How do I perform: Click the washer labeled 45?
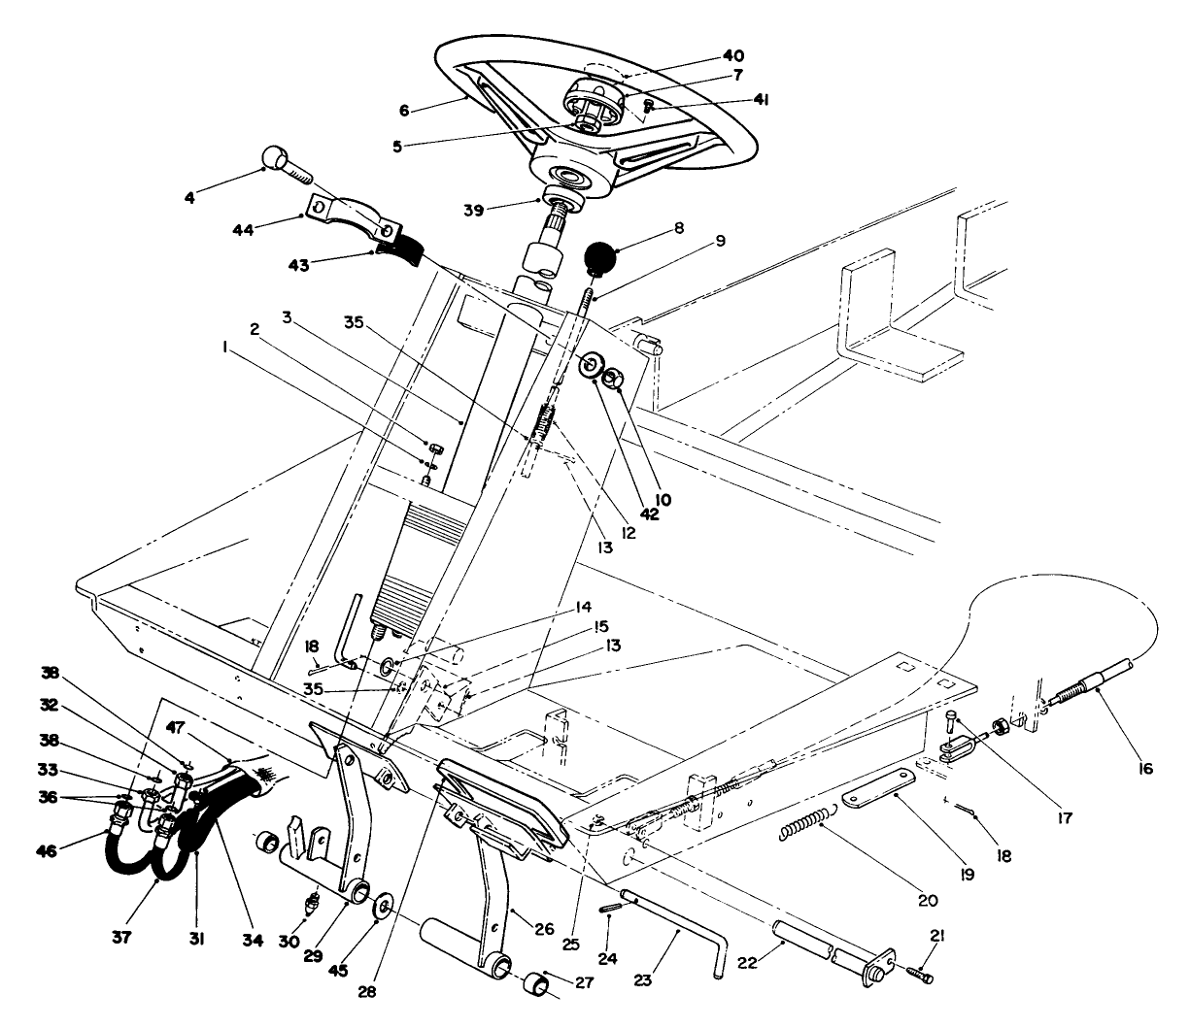[x=382, y=907]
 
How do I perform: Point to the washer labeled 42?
[x=590, y=364]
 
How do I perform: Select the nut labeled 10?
[x=613, y=378]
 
